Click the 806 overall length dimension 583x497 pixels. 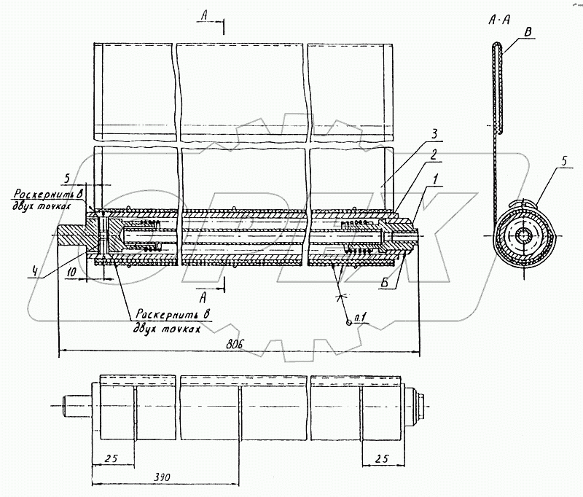235,344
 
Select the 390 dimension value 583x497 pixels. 161,477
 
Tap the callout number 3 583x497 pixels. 434,134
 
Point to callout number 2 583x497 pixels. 433,155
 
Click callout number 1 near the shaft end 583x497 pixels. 434,179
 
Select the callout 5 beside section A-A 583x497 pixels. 564,161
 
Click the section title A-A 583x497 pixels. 499,20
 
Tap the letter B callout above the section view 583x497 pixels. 528,32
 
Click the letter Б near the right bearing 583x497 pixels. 385,283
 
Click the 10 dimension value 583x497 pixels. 71,272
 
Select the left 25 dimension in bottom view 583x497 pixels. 111,458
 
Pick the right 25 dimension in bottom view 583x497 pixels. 381,458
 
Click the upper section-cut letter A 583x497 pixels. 204,15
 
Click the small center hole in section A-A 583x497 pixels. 523,235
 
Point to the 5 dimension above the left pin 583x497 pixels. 67,179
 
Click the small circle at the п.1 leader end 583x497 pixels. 348,323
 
